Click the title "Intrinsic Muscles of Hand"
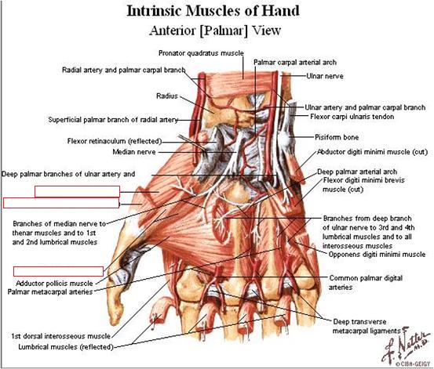213,11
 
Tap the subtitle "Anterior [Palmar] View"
215,31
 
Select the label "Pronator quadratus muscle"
201,53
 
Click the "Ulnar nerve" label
325,76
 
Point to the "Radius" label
167,96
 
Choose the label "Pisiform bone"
337,137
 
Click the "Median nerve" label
134,152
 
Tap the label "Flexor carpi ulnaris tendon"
352,117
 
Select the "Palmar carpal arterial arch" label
295,63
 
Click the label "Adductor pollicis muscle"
54,284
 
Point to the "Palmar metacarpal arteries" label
50,292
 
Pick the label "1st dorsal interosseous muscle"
61,336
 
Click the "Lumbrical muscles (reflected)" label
66,347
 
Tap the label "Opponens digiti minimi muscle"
377,255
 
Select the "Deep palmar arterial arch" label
357,172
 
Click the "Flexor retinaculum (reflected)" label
115,141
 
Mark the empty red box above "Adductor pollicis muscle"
58,271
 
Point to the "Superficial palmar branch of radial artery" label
113,120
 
